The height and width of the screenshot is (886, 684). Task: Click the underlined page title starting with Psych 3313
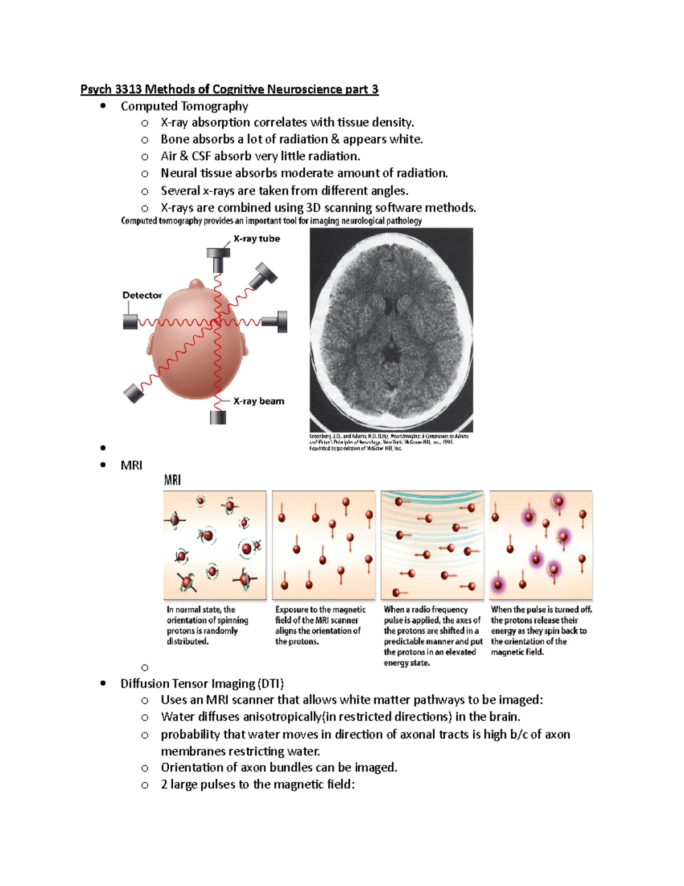coord(229,89)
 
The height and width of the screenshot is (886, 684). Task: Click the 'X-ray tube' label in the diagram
coord(256,238)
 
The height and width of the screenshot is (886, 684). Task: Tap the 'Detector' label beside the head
coord(142,295)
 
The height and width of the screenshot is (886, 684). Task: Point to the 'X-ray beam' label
coord(259,401)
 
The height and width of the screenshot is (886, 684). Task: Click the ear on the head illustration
coord(243,346)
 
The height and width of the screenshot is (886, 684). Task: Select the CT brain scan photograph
coord(391,330)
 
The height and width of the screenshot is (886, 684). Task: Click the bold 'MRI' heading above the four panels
coord(172,480)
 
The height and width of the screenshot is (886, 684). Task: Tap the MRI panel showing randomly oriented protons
coord(214,545)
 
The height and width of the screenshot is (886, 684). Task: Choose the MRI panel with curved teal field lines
coord(432,545)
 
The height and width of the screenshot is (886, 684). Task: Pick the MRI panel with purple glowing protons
coord(540,545)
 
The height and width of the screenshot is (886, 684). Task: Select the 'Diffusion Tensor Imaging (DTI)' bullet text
coord(202,683)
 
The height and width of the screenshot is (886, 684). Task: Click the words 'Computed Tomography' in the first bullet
coord(184,106)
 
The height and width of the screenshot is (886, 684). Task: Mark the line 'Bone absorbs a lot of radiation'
coord(291,139)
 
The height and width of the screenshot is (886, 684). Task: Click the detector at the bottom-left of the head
coord(134,393)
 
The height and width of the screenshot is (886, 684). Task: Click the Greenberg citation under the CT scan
coord(389,442)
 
